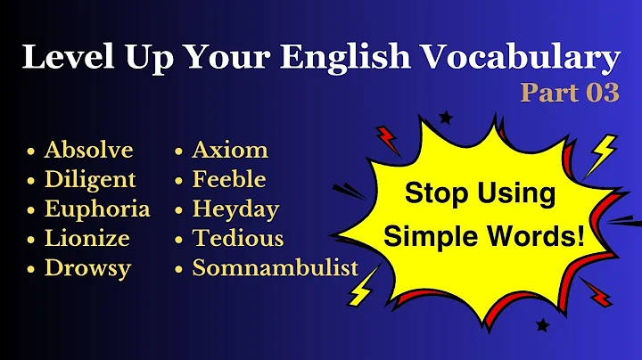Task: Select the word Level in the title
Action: tap(63, 59)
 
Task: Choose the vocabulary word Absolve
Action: tap(88, 149)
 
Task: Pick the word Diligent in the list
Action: tap(90, 179)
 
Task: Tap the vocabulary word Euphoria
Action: tap(97, 209)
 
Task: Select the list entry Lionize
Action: tap(86, 238)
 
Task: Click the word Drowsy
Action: tap(86, 267)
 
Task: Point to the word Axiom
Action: tap(230, 149)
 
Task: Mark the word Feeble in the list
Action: tap(229, 179)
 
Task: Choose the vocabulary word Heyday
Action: tap(235, 209)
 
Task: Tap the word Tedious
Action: tap(238, 238)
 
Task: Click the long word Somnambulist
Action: tap(276, 267)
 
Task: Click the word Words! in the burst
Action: tap(543, 237)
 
